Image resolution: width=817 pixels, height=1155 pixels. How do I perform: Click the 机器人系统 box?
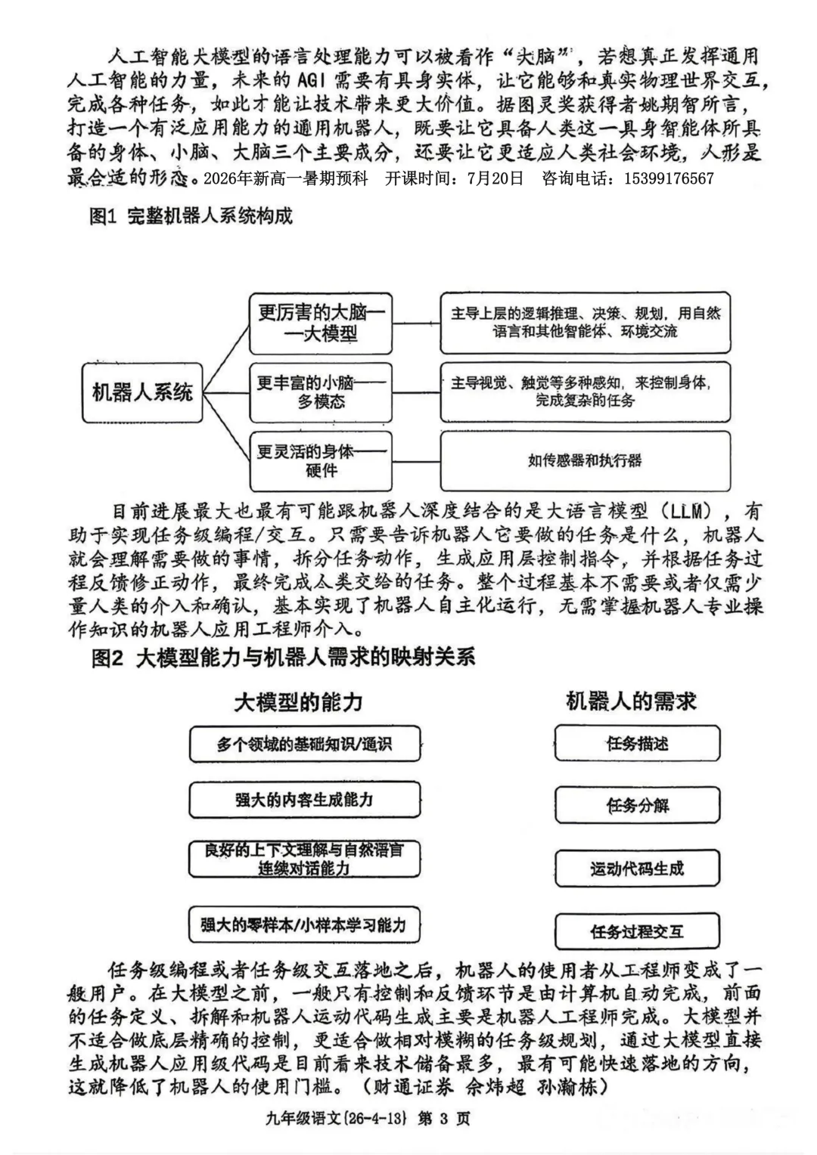(142, 392)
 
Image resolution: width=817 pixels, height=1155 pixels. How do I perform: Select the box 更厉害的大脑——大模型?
(322, 323)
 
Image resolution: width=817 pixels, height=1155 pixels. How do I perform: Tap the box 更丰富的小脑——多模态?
(322, 392)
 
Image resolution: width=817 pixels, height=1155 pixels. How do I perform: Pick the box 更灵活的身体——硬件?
(322, 461)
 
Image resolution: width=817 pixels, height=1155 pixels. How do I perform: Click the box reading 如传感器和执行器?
(585, 460)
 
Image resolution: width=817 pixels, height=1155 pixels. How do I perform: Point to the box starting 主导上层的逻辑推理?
(585, 322)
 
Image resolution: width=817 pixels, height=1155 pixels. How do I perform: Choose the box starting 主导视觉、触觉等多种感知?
(585, 392)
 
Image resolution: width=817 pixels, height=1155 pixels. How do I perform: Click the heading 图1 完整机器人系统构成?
(191, 217)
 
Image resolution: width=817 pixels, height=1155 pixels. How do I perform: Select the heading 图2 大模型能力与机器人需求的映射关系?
(283, 658)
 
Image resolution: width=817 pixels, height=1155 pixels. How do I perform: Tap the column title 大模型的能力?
(299, 702)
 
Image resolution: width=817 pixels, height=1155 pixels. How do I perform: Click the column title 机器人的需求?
(631, 701)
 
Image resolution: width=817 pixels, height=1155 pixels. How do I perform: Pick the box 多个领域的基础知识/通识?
(304, 745)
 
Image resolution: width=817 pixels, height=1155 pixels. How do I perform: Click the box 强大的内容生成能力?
(304, 800)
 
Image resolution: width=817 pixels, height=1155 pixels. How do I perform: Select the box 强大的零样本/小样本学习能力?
(304, 924)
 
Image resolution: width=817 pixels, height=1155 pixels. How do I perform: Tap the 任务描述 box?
(637, 744)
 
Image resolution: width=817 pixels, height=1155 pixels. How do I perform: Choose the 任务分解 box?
(637, 806)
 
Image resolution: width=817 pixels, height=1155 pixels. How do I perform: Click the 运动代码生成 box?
(637, 869)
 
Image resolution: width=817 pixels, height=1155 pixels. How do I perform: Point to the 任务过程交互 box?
(637, 931)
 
